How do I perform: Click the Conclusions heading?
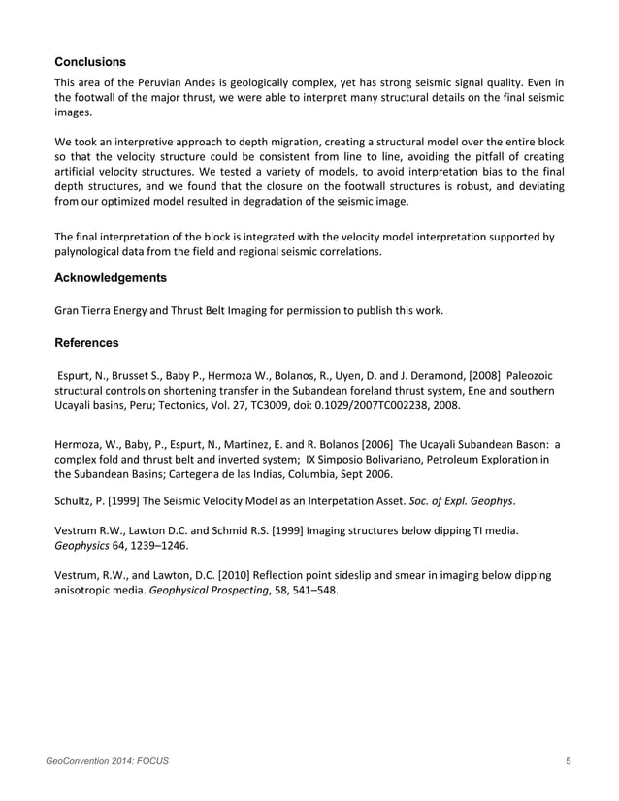point(89,62)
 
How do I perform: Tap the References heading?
point(87,343)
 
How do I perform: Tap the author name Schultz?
point(76,500)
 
